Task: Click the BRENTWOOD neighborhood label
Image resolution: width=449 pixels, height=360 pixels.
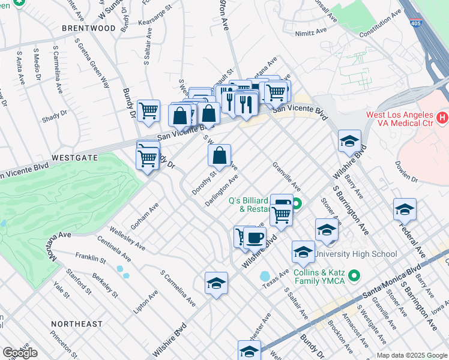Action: tap(88, 28)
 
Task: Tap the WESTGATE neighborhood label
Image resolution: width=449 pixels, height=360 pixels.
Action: tap(74, 157)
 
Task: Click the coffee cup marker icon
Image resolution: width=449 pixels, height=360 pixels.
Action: tap(255, 238)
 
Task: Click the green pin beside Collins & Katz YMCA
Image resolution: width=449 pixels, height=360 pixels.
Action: tap(354, 276)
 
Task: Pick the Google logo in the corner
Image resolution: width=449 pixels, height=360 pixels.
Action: tap(19, 353)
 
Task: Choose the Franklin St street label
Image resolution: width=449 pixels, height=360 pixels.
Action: tap(90, 259)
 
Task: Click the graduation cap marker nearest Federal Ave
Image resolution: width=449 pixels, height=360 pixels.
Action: tap(405, 210)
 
